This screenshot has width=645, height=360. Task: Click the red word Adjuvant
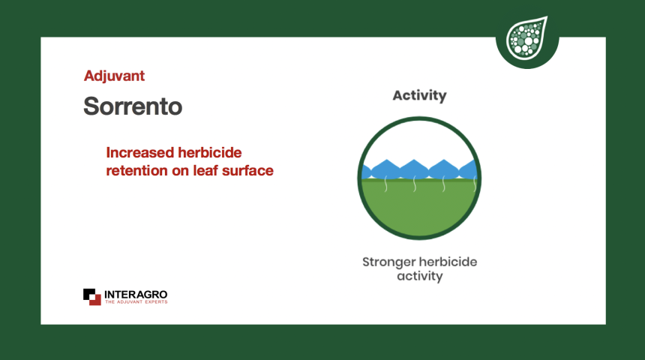pyautogui.click(x=114, y=76)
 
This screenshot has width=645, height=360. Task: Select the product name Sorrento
pyautogui.click(x=133, y=106)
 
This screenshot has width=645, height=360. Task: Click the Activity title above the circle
pyautogui.click(x=419, y=95)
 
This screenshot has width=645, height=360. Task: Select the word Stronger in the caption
pyautogui.click(x=388, y=262)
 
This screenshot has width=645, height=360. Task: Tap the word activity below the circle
pyautogui.click(x=419, y=276)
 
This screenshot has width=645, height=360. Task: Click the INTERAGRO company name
pyautogui.click(x=136, y=295)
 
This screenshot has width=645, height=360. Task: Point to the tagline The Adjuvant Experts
pyautogui.click(x=136, y=302)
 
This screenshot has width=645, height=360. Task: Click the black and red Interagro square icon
pyautogui.click(x=92, y=297)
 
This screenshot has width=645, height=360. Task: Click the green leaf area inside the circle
pyautogui.click(x=419, y=208)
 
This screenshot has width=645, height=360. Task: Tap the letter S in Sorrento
pyautogui.click(x=92, y=106)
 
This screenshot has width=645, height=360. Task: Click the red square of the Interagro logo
pyautogui.click(x=95, y=300)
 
